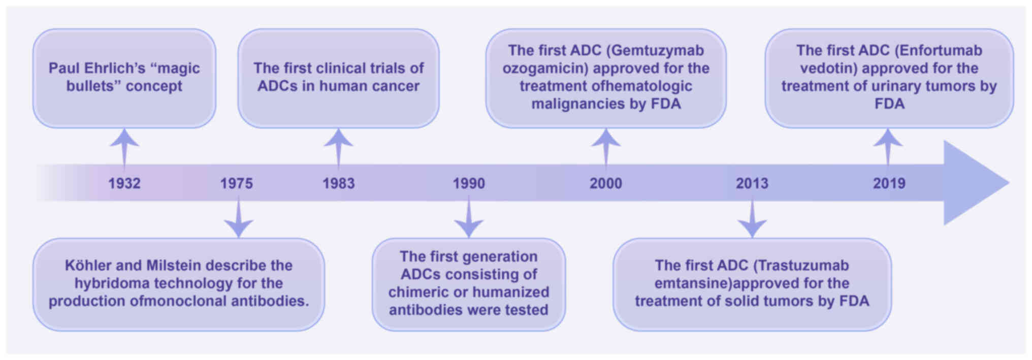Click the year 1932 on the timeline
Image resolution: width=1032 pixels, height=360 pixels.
pyautogui.click(x=124, y=183)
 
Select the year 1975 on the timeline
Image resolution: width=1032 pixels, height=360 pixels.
pyautogui.click(x=236, y=183)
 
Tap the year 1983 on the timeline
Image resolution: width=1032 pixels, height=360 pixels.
pyautogui.click(x=339, y=183)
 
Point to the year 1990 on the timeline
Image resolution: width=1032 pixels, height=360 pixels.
pyautogui.click(x=469, y=183)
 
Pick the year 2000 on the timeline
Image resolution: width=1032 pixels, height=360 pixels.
pyautogui.click(x=606, y=183)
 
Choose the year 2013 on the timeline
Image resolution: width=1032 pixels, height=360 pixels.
pyautogui.click(x=752, y=183)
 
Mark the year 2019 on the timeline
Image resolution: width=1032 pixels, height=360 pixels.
pyautogui.click(x=889, y=183)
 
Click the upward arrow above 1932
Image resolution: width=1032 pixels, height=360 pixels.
pyautogui.click(x=124, y=150)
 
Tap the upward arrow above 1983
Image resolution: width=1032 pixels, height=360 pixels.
pyautogui.click(x=339, y=150)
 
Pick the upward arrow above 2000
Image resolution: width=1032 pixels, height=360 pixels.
pyautogui.click(x=606, y=150)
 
